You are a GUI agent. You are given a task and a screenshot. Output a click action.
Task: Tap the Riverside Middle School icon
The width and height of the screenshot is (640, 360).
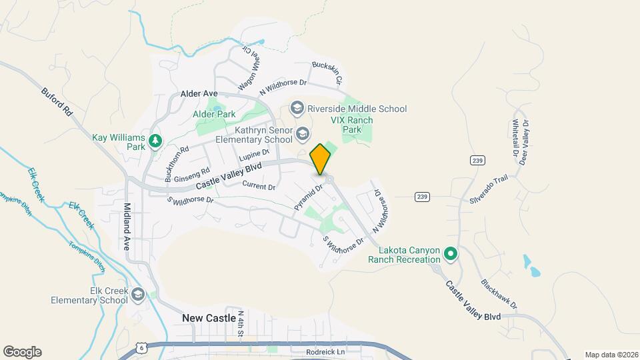[x=297, y=108]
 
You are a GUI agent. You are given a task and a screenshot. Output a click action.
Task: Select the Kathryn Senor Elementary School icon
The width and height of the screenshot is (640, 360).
[x=303, y=134]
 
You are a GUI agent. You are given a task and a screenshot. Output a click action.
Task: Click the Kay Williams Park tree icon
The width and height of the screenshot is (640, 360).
[x=155, y=140]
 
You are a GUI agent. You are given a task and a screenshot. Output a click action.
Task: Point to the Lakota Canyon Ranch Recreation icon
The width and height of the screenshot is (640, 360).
[x=451, y=254]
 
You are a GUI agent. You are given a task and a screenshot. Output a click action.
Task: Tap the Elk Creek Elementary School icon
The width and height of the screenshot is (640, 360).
[x=138, y=294]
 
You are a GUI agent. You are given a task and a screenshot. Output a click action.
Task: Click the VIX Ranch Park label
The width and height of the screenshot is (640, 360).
[x=352, y=125]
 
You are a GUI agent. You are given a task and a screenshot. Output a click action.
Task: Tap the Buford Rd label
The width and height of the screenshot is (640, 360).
[x=56, y=103]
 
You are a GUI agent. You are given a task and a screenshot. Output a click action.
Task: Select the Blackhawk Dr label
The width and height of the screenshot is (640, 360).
[x=499, y=293]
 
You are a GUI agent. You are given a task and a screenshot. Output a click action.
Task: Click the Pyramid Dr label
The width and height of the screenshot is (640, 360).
[x=309, y=198]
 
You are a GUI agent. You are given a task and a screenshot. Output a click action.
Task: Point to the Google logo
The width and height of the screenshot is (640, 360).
[x=22, y=352]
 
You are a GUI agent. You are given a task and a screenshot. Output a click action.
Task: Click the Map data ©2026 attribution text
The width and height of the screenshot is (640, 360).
[x=611, y=355]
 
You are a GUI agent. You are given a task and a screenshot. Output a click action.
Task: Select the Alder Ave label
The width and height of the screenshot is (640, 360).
[x=199, y=94]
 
